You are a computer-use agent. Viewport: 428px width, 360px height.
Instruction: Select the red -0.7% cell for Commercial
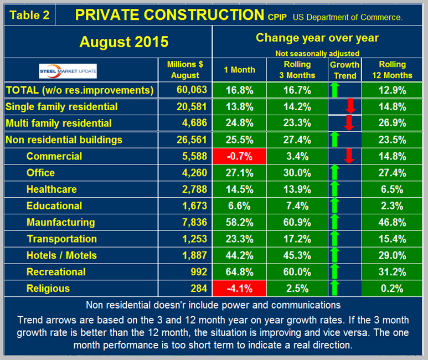pos(239,156)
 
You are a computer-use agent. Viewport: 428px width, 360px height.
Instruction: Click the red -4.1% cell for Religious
pos(239,288)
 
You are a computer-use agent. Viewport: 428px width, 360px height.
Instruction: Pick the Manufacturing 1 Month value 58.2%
pos(239,222)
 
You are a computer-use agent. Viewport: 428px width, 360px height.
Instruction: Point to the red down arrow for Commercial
pos(349,156)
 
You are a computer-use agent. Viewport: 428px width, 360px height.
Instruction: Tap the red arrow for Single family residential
pos(349,106)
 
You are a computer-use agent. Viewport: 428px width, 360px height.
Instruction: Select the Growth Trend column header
pos(344,70)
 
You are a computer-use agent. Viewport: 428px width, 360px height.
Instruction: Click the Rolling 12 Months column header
pos(393,70)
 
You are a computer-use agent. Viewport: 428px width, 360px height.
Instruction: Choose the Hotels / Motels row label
pos(61,255)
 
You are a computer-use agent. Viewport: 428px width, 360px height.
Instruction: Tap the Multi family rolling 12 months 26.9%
pos(393,123)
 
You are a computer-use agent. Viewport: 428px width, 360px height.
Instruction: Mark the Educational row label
pos(54,205)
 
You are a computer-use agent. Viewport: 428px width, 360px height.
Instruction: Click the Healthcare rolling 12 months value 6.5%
pos(393,189)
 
